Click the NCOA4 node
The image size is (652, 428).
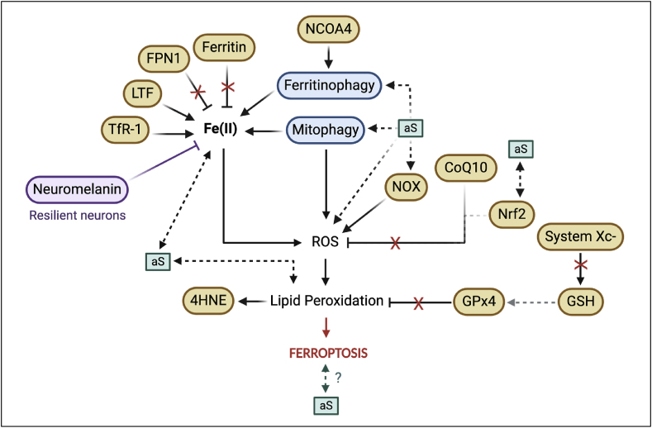click(331, 31)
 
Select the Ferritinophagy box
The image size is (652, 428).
click(329, 84)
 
